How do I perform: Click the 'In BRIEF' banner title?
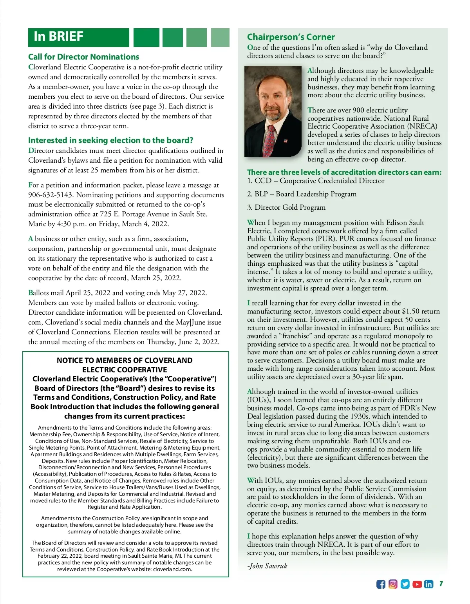pyautogui.click(x=59, y=36)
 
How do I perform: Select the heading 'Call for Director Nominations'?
pyautogui.click(x=83, y=57)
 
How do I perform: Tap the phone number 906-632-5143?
pyautogui.click(x=50, y=195)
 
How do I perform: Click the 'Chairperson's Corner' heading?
pyautogui.click(x=291, y=37)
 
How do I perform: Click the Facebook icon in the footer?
pyautogui.click(x=381, y=584)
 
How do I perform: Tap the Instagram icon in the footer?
pyautogui.click(x=393, y=584)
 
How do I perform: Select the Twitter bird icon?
pyautogui.click(x=405, y=584)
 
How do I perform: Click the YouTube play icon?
pyautogui.click(x=417, y=584)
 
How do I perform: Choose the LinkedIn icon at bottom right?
pyautogui.click(x=429, y=584)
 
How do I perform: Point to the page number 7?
pyautogui.click(x=441, y=584)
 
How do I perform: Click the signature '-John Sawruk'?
pyautogui.click(x=267, y=566)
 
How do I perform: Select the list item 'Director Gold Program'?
pyautogui.click(x=290, y=207)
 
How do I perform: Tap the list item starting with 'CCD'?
pyautogui.click(x=316, y=181)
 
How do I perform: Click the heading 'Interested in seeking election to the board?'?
pyautogui.click(x=110, y=140)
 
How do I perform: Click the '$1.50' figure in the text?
pyautogui.click(x=410, y=311)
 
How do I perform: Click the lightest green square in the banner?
pyautogui.click(x=220, y=38)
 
